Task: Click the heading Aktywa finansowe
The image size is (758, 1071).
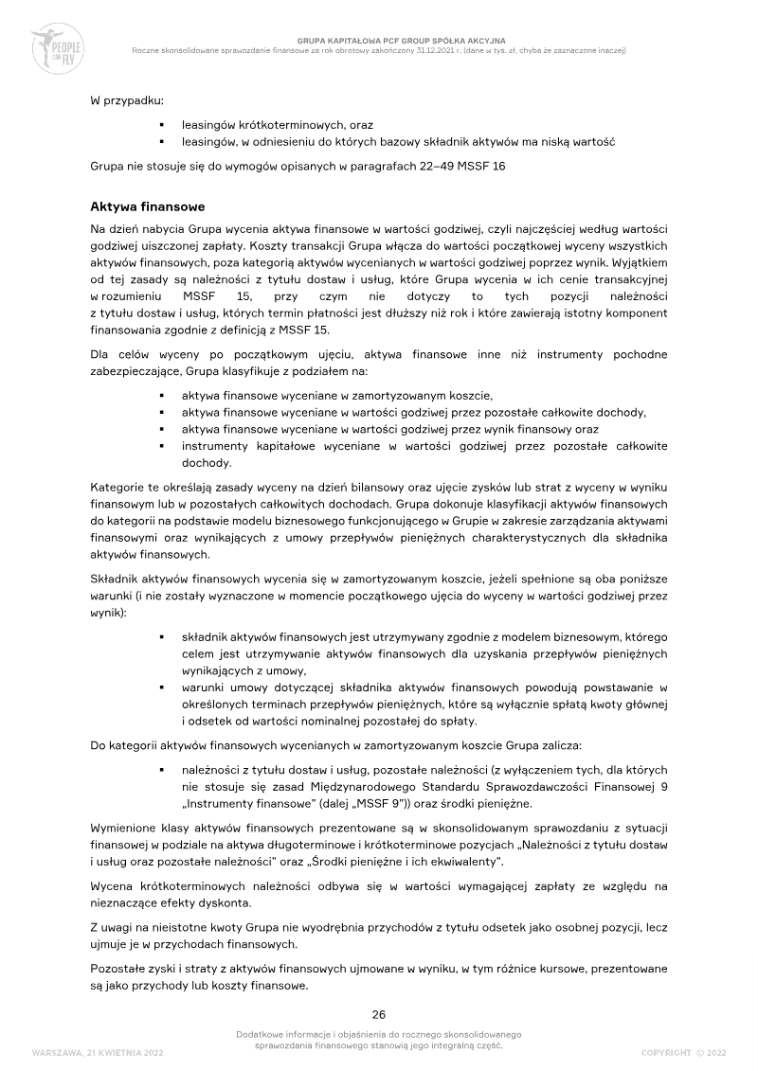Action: pos(147,206)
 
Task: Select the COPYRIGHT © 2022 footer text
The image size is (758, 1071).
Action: pos(683,1052)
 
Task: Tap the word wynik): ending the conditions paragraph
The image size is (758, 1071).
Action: pos(107,613)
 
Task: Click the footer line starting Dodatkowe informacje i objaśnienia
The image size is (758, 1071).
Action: pos(379,1035)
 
